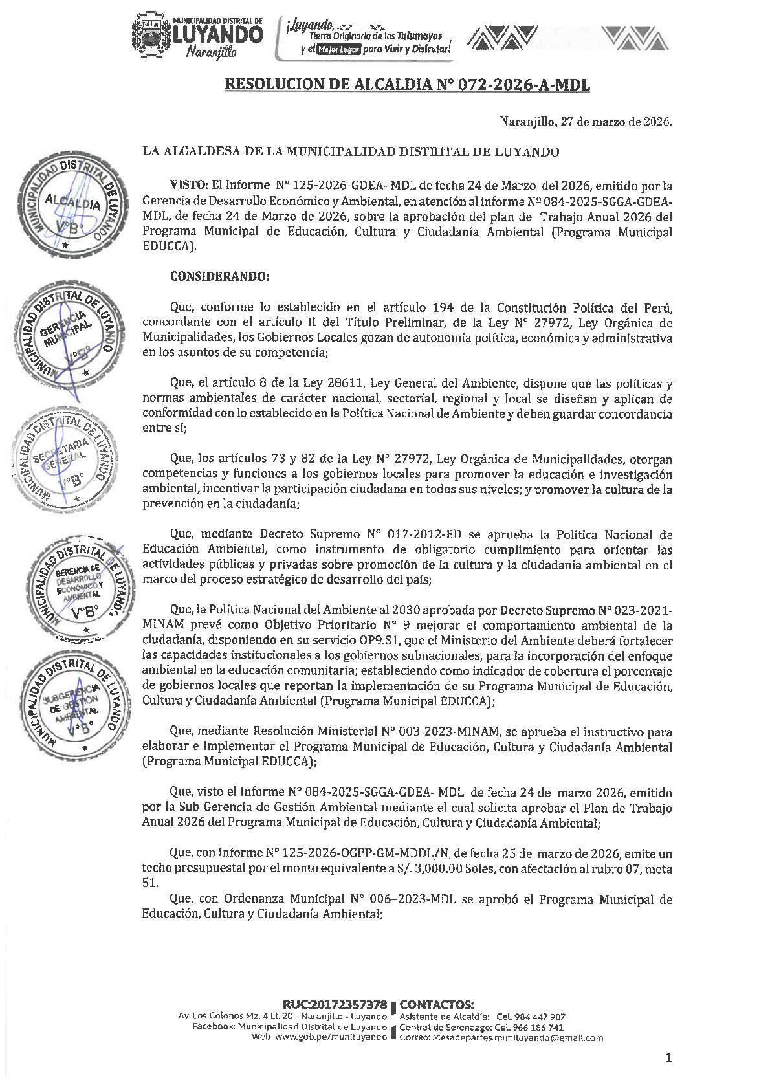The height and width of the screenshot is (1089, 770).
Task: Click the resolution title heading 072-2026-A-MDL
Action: [x=408, y=84]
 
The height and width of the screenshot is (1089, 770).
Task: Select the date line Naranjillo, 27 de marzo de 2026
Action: [x=586, y=122]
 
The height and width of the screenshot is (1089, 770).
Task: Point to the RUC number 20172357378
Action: [x=335, y=1005]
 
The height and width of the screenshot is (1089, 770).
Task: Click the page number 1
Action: [x=668, y=1059]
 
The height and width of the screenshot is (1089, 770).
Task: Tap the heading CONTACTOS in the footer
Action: [x=437, y=1005]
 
